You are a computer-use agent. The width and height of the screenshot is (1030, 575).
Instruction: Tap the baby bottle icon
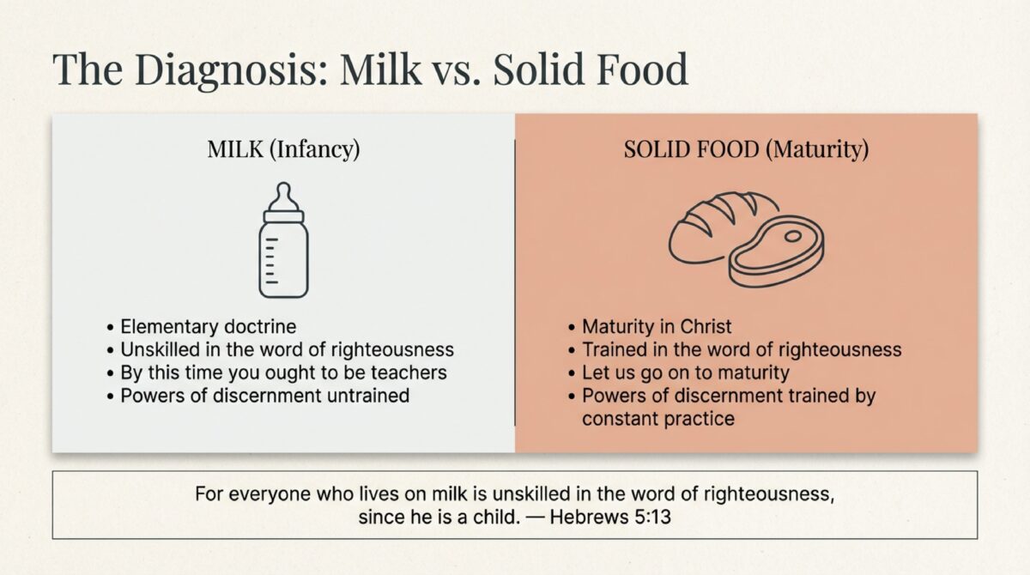tap(283, 240)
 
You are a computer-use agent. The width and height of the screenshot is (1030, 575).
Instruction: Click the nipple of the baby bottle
tap(284, 196)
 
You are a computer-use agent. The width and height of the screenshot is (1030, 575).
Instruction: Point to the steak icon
tap(777, 251)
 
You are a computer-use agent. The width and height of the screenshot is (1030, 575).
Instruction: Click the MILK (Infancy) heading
tap(283, 149)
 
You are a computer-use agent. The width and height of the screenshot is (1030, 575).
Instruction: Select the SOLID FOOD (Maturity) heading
tap(746, 149)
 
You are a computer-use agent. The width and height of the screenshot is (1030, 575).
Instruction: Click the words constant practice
tap(658, 419)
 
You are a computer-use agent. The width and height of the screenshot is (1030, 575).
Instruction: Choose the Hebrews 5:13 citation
tap(610, 517)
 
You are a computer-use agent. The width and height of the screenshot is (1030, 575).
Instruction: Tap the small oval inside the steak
tap(793, 236)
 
